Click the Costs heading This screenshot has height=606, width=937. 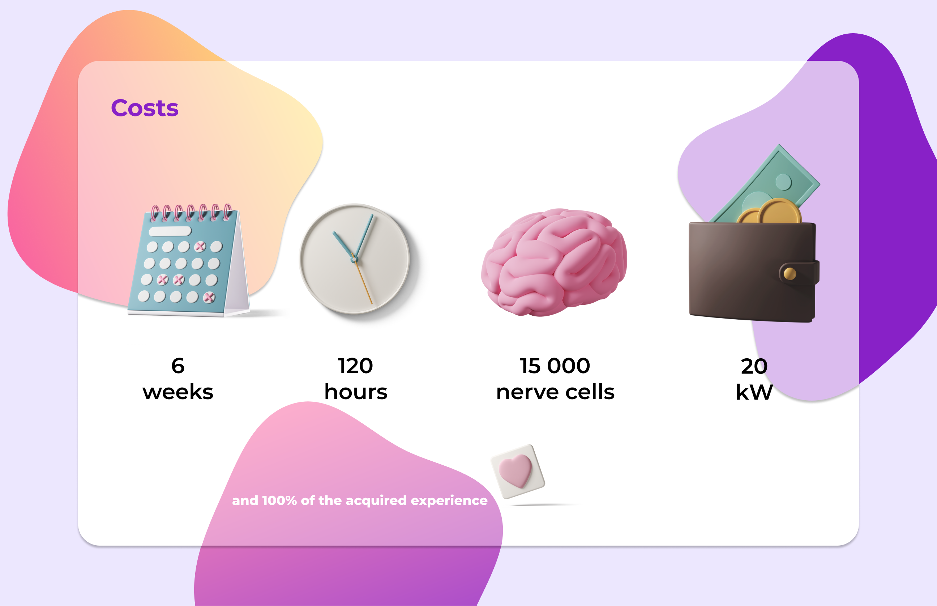(145, 108)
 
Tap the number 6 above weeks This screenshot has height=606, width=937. (178, 366)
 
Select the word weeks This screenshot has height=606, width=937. (178, 392)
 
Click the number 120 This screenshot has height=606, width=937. (356, 366)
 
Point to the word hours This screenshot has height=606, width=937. (356, 392)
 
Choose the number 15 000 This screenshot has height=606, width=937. (555, 366)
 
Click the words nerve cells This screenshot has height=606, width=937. (555, 392)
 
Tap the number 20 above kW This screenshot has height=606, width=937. (754, 366)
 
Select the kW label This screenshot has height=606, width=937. (754, 392)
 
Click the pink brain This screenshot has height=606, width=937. (554, 263)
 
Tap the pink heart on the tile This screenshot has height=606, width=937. (515, 471)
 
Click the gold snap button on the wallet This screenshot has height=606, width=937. (790, 273)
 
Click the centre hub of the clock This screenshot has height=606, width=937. (354, 260)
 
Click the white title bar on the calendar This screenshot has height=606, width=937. (170, 231)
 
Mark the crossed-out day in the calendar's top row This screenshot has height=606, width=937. (200, 247)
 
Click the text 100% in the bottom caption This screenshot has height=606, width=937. (279, 500)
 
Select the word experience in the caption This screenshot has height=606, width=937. (449, 501)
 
